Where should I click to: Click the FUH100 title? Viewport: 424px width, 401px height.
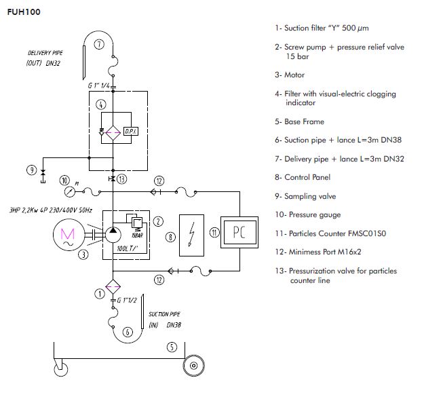(24, 12)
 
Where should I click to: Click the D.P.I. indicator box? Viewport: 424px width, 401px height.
(130, 130)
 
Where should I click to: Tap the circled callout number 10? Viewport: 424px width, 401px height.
(64, 180)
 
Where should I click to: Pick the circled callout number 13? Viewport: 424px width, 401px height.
(121, 180)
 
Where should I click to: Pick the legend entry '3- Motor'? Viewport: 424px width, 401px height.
(290, 75)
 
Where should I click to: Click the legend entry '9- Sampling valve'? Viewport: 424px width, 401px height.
(305, 196)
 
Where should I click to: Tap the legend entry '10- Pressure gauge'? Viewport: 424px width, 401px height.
(308, 215)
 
